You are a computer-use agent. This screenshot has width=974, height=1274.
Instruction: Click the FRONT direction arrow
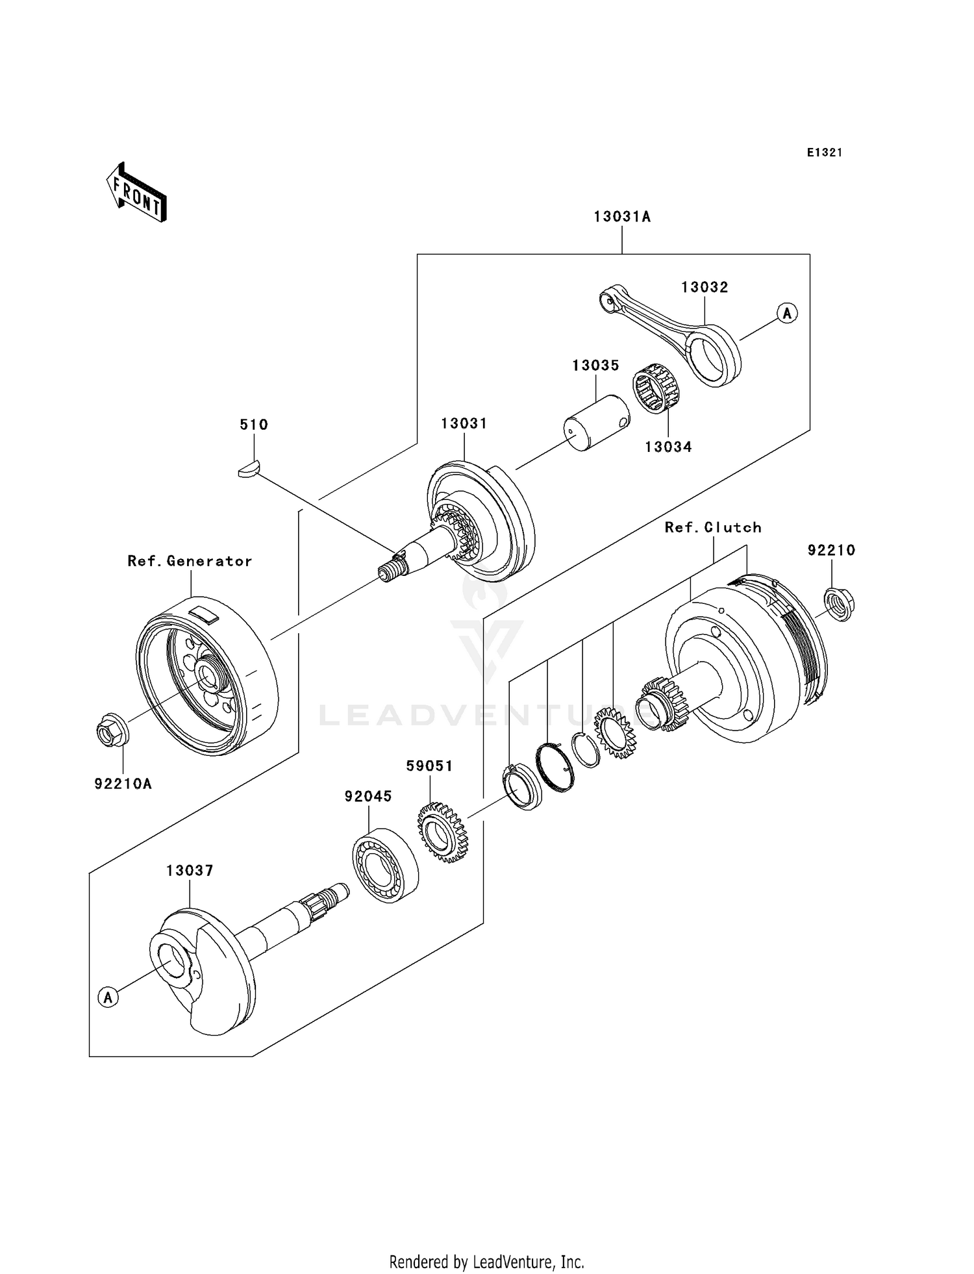coord(137,192)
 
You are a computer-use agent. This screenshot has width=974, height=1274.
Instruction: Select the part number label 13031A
coord(621,217)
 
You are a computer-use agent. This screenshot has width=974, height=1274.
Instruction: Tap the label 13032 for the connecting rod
coord(705,287)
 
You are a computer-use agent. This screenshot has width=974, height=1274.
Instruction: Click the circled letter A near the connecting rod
coord(787,313)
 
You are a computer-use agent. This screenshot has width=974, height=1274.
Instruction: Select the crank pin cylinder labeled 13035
coord(595,423)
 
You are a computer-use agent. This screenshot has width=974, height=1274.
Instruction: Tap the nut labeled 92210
coord(838,603)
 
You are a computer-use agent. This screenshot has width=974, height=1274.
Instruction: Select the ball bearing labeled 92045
coord(384,865)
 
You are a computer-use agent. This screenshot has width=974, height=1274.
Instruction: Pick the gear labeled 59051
coord(443,832)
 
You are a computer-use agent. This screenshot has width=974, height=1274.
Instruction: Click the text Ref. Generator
coord(190,561)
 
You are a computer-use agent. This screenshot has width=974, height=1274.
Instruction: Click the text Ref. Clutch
coord(713,527)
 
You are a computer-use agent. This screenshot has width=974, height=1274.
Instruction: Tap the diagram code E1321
coord(825,153)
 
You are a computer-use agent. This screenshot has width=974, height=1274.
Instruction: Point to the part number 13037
coord(190,871)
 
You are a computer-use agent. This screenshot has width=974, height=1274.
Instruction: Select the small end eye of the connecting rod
coord(608,300)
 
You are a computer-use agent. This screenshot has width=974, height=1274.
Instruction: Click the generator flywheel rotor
coord(206,675)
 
